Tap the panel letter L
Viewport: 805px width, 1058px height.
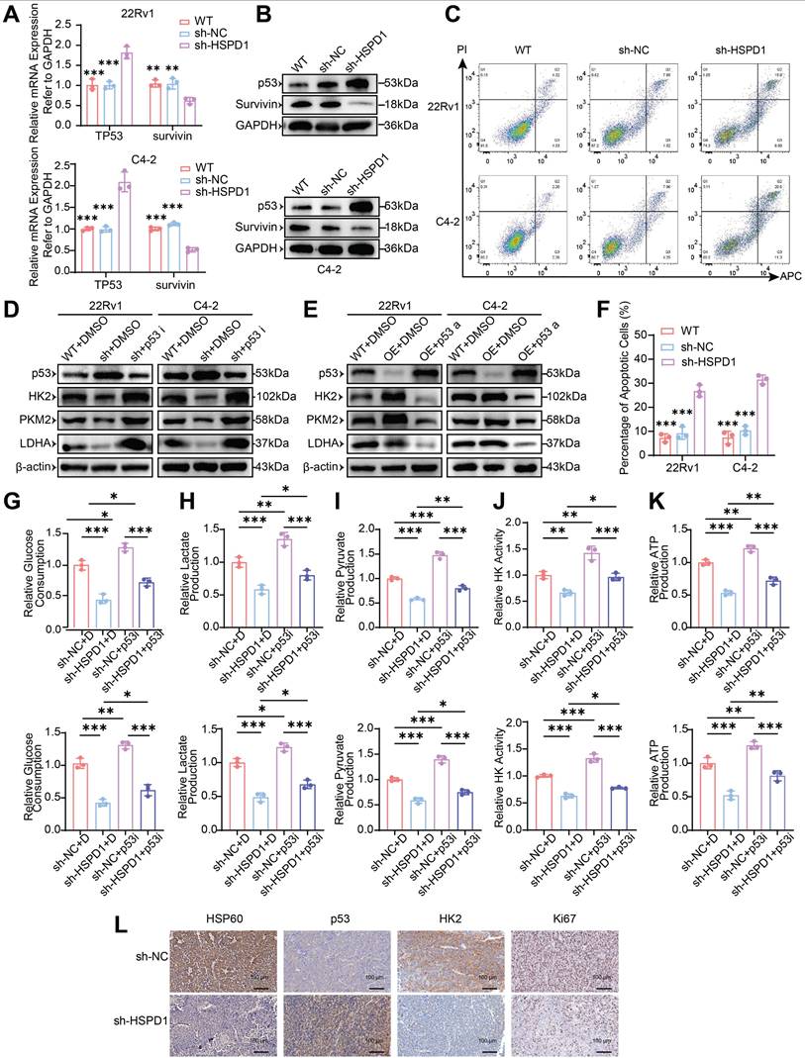(120, 924)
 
